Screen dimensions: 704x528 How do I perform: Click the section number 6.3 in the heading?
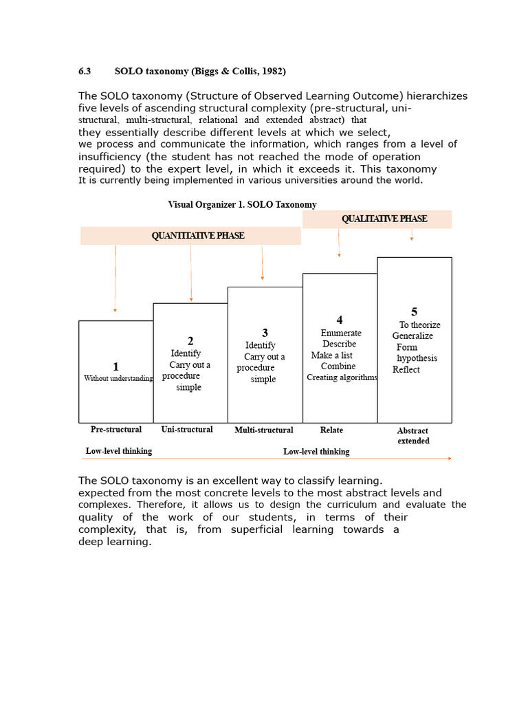(85, 71)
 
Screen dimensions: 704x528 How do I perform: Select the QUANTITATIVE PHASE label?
(197, 236)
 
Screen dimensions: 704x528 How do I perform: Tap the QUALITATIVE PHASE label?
(384, 219)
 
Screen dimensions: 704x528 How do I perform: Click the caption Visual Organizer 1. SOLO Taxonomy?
(242, 204)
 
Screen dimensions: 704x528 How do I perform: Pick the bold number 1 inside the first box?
(115, 367)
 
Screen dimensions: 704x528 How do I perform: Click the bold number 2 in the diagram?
(190, 341)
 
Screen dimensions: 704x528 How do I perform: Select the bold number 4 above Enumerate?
(339, 320)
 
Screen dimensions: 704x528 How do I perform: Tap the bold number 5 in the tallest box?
(414, 312)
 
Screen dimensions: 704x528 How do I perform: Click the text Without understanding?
(118, 379)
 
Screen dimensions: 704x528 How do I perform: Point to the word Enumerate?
(340, 333)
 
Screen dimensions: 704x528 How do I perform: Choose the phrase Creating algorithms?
(342, 377)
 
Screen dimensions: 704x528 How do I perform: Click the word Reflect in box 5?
(406, 370)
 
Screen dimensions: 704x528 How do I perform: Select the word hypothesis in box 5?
(417, 358)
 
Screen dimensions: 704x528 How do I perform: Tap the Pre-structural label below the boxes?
(116, 430)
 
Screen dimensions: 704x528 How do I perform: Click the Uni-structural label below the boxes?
(187, 430)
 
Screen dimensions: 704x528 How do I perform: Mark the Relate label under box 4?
(331, 430)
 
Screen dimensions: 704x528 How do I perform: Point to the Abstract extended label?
(413, 436)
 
